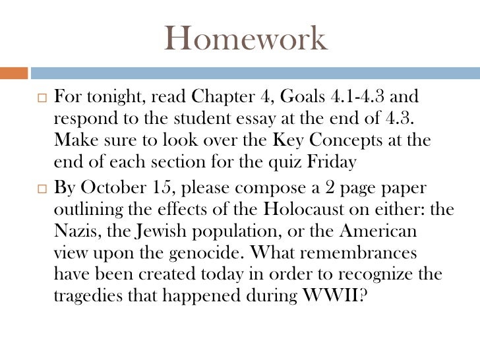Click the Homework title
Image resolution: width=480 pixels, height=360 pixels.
(245, 39)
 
